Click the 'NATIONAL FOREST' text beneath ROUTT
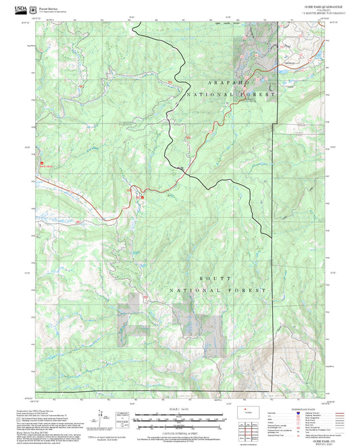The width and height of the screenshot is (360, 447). point(217,290)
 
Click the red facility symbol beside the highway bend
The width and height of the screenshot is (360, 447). point(141,196)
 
